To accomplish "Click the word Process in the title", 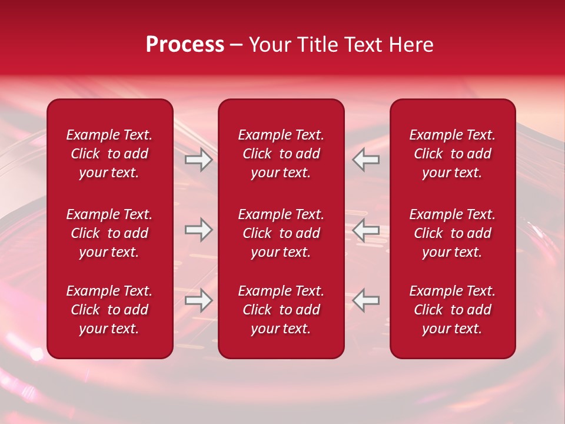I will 185,45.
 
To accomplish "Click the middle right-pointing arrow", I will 198,230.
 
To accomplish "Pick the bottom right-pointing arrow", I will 198,300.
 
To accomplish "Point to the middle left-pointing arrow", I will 366,230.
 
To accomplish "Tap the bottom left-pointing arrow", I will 366,300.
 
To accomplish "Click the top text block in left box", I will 109,154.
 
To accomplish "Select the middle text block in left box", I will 109,233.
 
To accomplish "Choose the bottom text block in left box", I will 109,310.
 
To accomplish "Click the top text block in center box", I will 281,154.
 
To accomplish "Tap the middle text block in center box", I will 281,233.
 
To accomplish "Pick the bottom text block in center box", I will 281,310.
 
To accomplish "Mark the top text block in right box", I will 453,154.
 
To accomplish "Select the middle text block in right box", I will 453,233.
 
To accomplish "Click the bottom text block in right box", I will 453,310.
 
